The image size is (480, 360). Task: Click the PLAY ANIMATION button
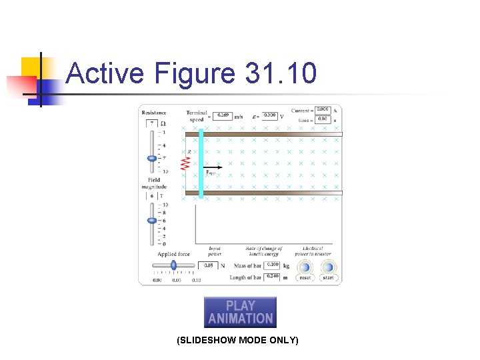pyautogui.click(x=240, y=312)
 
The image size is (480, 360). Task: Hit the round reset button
pyautogui.click(x=305, y=267)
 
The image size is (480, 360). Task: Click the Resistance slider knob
pyautogui.click(x=152, y=158)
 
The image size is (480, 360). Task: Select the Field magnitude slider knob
pyautogui.click(x=152, y=220)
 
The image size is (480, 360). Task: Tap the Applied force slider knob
pyautogui.click(x=174, y=265)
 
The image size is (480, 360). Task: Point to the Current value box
pyautogui.click(x=323, y=109)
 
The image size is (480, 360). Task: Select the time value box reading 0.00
pyautogui.click(x=323, y=119)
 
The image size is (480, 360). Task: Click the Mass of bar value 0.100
pyautogui.click(x=273, y=265)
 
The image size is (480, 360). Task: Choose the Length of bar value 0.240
pyautogui.click(x=273, y=276)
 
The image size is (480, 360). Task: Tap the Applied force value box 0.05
pyautogui.click(x=208, y=265)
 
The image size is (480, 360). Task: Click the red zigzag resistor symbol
pyautogui.click(x=185, y=163)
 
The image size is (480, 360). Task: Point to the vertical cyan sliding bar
pyautogui.click(x=201, y=163)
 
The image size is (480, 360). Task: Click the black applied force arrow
pyautogui.click(x=212, y=167)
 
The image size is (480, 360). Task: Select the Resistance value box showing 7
pyautogui.click(x=152, y=123)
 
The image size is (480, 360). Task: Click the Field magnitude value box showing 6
pyautogui.click(x=151, y=196)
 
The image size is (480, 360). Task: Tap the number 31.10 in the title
pyautogui.click(x=281, y=73)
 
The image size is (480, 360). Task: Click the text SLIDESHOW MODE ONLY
pyautogui.click(x=237, y=341)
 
